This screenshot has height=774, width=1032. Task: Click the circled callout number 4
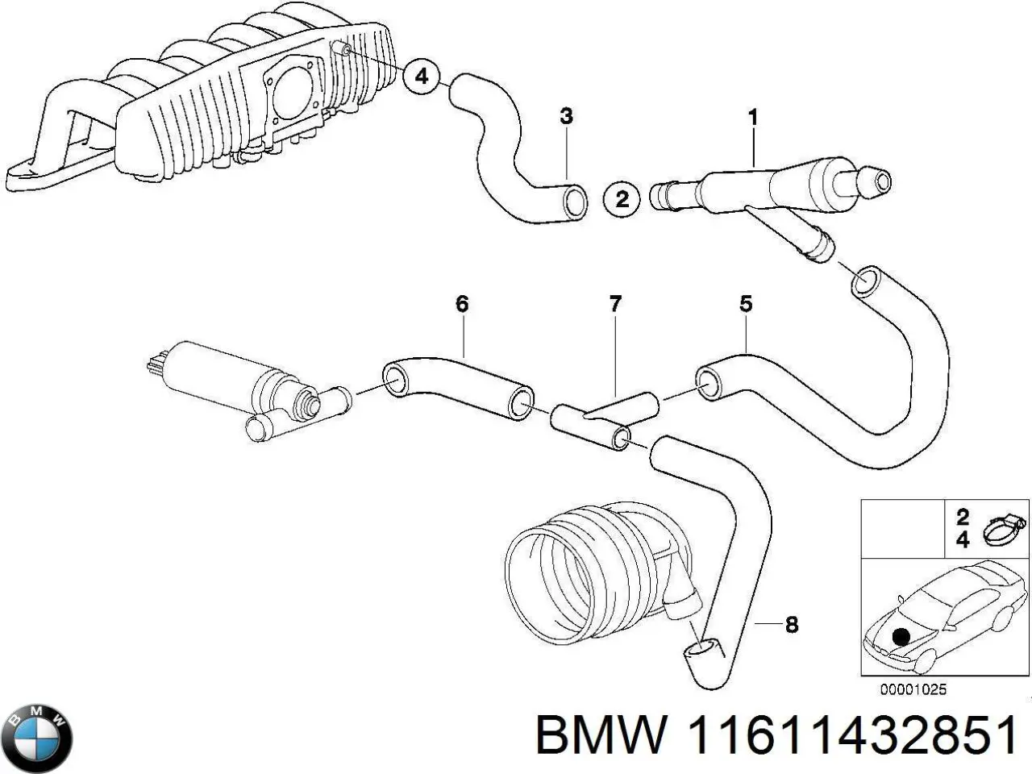tap(421, 77)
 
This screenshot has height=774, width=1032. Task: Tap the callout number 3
tap(566, 116)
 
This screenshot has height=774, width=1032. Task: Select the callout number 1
tap(753, 118)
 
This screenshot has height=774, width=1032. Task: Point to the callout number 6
tap(462, 304)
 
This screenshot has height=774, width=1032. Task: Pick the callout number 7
tap(615, 304)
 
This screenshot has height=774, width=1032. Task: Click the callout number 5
tap(746, 304)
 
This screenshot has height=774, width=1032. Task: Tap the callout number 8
tap(791, 624)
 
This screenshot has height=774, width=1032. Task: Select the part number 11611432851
tap(853, 735)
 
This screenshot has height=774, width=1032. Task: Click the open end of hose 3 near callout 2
tap(575, 201)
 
